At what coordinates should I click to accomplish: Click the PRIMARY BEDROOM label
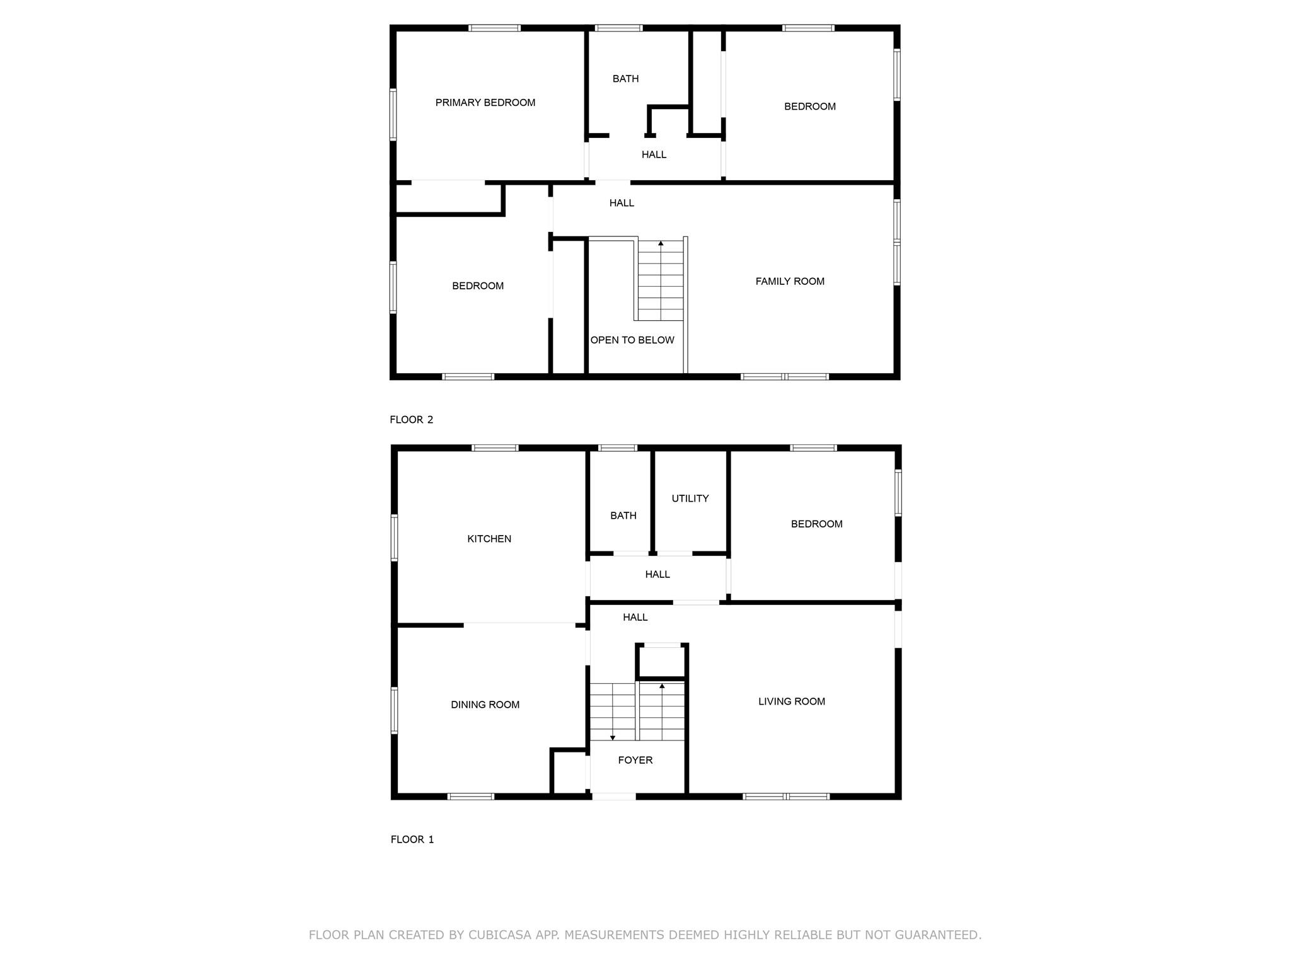coord(485,103)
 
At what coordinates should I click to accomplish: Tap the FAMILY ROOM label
coord(789,281)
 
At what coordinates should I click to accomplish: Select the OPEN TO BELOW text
coord(632,340)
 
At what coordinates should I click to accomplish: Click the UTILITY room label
coord(690,498)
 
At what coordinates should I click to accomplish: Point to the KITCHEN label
coord(489,539)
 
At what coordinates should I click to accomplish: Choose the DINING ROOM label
coord(485,705)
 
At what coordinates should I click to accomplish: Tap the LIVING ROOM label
coord(791,701)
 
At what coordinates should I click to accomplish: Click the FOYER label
coord(635,760)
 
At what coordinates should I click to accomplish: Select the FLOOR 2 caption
coord(411,420)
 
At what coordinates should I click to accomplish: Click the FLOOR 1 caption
coord(412,839)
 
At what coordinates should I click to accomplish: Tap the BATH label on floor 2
coord(625,79)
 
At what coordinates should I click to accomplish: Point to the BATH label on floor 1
coord(623,516)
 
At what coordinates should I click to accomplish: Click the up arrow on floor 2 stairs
coord(661,243)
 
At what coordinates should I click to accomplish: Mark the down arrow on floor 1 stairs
coord(612,737)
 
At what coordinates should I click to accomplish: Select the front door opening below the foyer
coord(613,797)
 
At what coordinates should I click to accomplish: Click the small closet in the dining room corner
coord(570,773)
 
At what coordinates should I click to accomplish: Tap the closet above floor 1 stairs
coord(661,662)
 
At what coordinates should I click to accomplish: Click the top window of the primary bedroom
coord(494,28)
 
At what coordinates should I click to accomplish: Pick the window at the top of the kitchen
coord(495,448)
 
